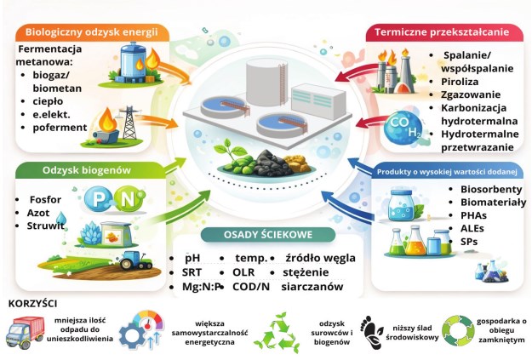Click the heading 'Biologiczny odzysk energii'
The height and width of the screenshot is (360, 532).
tap(92, 32)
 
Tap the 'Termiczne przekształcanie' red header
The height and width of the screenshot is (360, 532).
tap(442, 32)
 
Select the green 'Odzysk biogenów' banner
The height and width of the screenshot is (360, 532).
tap(87, 170)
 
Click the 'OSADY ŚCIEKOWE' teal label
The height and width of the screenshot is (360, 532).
tap(267, 234)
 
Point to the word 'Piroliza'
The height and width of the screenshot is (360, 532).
tap(460, 82)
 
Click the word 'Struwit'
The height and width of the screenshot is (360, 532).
tap(45, 226)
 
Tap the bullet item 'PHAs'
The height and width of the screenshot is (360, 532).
tap(473, 215)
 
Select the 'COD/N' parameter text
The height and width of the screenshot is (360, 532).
tap(251, 287)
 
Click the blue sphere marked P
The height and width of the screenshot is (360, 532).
tap(97, 199)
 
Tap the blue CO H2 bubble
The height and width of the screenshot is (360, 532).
tap(403, 127)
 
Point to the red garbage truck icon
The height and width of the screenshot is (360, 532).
tap(25, 333)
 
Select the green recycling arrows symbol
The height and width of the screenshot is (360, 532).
tap(277, 333)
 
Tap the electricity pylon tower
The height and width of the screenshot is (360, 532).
tap(129, 123)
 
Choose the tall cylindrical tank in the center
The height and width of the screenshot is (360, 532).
tap(266, 83)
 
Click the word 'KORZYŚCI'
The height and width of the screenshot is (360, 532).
tap(32, 303)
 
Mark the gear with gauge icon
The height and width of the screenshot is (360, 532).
tap(140, 330)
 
